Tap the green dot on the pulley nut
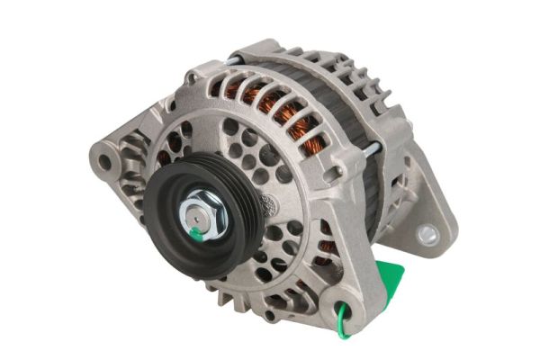pyautogui.click(x=195, y=234)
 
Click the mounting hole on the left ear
pyautogui.click(x=106, y=163)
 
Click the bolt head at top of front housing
pyautogui.click(x=192, y=80)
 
